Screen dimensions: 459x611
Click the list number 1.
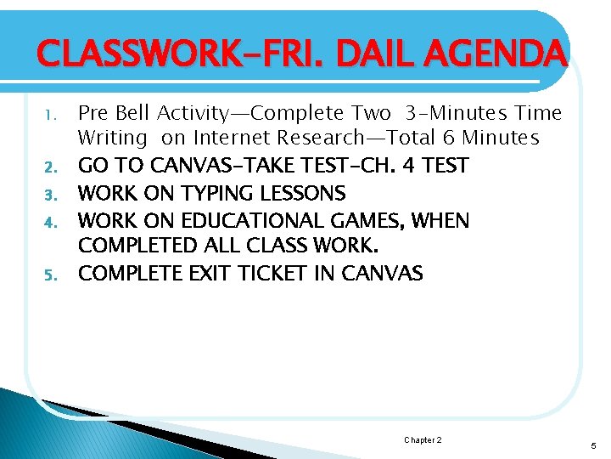49,114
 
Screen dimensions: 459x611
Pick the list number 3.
49,194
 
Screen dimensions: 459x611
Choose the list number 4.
49,221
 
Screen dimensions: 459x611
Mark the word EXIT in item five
208,274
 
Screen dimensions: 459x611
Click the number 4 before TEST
409,165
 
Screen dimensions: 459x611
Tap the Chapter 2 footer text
422,440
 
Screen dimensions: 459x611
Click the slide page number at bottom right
592,445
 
